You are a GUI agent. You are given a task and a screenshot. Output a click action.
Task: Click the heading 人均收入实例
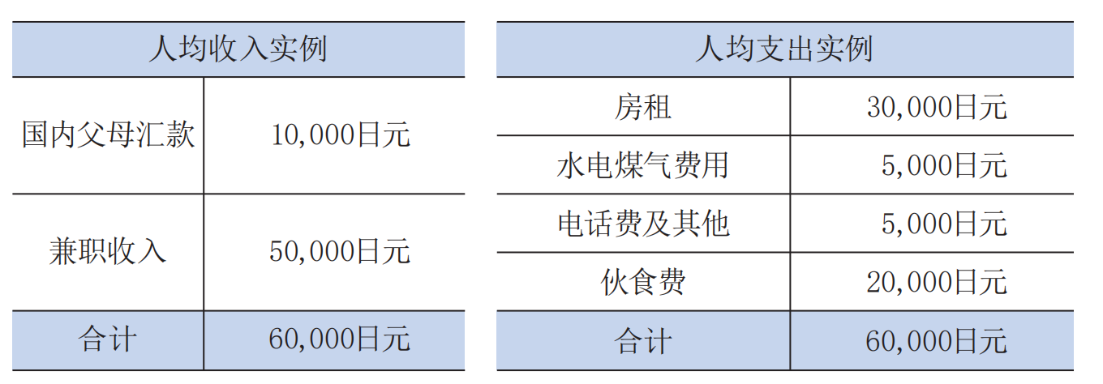click(x=238, y=49)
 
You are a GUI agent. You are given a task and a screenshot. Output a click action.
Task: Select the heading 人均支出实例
click(x=784, y=49)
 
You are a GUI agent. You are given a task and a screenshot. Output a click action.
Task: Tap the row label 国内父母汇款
click(x=109, y=134)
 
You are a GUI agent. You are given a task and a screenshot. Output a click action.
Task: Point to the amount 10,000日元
click(x=341, y=134)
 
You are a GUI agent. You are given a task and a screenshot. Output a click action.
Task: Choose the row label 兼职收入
click(x=108, y=251)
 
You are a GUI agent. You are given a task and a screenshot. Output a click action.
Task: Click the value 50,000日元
click(x=340, y=251)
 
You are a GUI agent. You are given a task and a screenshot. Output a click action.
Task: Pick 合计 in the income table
click(x=108, y=339)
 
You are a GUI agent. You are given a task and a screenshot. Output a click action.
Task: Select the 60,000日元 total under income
click(x=340, y=339)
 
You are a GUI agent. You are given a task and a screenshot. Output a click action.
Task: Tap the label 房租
click(x=643, y=107)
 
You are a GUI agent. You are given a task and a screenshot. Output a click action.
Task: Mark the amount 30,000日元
click(x=937, y=107)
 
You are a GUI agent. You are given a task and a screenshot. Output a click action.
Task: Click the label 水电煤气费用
click(x=643, y=165)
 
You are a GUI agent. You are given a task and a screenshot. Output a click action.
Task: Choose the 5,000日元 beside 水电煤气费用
click(x=944, y=165)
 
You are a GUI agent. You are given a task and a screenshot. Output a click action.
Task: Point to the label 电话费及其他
click(x=643, y=224)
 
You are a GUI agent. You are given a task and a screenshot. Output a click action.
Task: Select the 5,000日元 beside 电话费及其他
click(x=944, y=224)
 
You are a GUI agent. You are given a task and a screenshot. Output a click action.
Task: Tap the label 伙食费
click(x=643, y=282)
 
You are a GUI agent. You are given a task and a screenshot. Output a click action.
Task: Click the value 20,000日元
click(x=937, y=282)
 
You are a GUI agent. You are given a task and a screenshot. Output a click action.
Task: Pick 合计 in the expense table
click(x=643, y=340)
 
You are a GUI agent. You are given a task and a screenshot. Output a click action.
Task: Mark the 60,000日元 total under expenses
click(x=937, y=340)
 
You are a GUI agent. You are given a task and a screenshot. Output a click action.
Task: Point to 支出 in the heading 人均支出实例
click(x=784, y=49)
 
